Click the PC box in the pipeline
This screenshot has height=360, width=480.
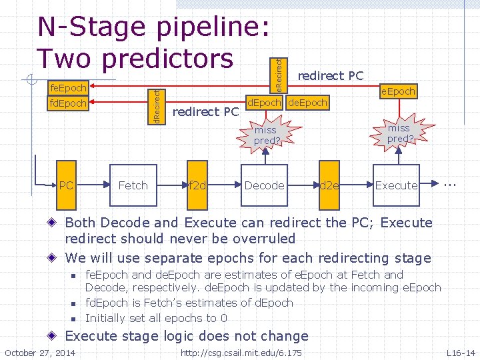tap(66, 185)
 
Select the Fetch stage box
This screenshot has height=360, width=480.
tap(133, 185)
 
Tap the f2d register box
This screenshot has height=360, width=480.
tap(197, 185)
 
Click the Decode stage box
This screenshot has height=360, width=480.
tap(264, 185)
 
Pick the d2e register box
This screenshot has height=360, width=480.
tap(329, 185)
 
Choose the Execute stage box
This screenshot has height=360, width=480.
tap(397, 185)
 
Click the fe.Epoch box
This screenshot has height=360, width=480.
tap(69, 88)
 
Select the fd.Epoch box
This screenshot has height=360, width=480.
tap(69, 103)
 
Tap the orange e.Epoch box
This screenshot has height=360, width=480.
tap(398, 91)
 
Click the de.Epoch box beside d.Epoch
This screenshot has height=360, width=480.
tap(307, 103)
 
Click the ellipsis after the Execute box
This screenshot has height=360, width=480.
tap(451, 181)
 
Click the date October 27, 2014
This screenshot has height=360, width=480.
tap(40, 352)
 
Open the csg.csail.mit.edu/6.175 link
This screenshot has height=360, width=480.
tap(241, 352)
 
